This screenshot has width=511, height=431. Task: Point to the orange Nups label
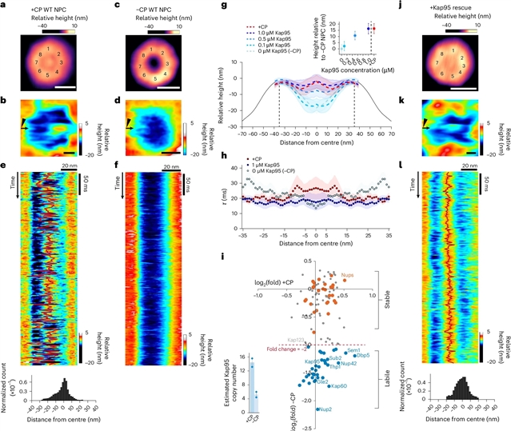[348, 275]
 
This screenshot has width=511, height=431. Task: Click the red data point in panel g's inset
[373, 28]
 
